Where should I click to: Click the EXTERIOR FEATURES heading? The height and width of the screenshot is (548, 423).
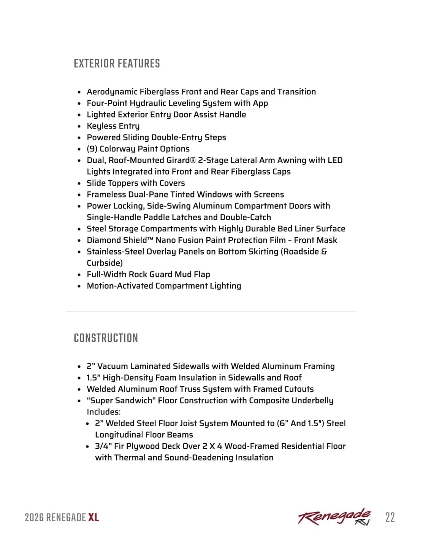[117, 64]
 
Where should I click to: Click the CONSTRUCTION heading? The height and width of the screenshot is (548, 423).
[106, 338]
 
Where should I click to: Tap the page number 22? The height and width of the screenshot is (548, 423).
[390, 518]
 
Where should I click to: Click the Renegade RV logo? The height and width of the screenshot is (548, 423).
[334, 517]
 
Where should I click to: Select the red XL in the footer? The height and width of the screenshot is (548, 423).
[93, 518]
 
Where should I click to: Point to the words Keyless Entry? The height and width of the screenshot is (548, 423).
[113, 126]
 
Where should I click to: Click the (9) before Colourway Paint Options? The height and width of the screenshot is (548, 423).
[92, 149]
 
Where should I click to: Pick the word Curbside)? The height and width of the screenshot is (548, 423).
[105, 263]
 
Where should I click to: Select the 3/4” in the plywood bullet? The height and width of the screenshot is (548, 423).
[103, 446]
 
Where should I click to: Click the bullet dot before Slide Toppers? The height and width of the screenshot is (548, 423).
[79, 183]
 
